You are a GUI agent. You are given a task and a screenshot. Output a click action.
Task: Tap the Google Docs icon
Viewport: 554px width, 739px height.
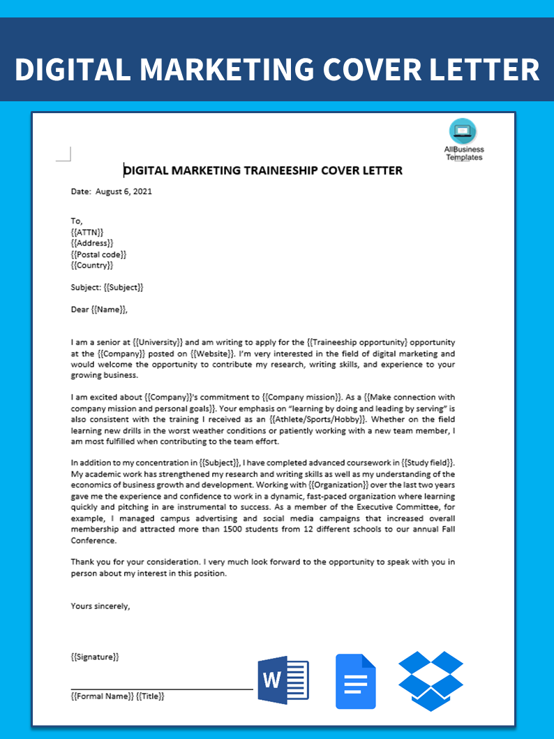point(355,681)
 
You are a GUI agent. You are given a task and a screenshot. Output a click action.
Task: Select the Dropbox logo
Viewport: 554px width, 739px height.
point(431,680)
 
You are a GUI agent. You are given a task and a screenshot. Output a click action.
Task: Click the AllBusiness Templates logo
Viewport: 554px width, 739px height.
point(463,140)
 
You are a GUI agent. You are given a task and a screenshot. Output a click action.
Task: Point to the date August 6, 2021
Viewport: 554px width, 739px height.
point(123,191)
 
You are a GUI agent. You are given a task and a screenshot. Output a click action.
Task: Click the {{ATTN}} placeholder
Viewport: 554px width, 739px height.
point(87,232)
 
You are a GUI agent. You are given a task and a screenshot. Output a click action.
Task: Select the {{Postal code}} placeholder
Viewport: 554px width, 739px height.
point(98,254)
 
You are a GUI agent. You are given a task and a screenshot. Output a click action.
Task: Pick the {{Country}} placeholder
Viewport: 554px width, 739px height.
point(91,265)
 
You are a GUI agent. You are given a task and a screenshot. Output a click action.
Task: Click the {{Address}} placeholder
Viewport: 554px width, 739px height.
point(91,243)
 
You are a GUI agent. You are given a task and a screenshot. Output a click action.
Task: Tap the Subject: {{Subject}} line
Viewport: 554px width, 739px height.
point(107,287)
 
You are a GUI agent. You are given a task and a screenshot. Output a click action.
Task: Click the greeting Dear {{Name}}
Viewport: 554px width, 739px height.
point(99,309)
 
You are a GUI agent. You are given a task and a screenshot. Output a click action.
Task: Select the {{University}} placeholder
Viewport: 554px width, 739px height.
point(158,342)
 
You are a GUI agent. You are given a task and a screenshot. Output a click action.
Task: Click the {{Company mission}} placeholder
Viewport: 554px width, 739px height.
point(304,397)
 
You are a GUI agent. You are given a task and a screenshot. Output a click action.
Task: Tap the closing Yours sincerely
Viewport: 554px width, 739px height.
point(100,606)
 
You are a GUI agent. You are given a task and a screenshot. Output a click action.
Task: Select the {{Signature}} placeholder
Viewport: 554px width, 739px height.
point(95,657)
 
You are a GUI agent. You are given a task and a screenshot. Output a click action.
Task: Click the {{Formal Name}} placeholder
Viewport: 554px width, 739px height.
point(102,696)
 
